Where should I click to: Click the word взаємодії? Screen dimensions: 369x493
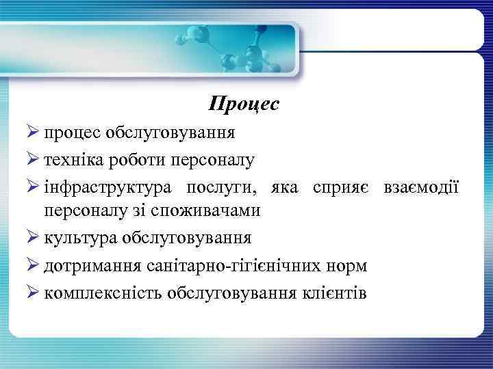pyautogui.click(x=421, y=188)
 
